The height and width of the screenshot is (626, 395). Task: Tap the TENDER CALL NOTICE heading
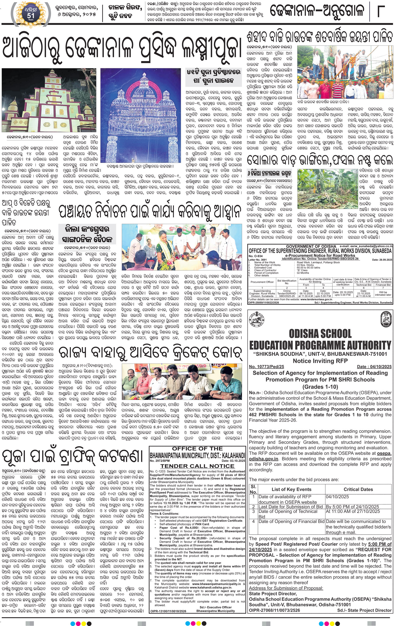coord(197,466)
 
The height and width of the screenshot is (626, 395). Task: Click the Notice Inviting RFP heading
coord(320,361)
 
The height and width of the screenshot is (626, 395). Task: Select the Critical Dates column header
coord(358,489)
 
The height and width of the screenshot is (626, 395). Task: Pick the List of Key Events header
coord(291,489)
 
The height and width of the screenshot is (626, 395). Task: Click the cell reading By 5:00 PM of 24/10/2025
coord(352,507)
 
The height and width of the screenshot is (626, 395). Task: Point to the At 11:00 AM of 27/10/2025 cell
coord(353,511)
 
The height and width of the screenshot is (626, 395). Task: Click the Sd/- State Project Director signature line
coord(364,610)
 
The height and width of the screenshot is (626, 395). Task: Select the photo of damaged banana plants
coord(327,189)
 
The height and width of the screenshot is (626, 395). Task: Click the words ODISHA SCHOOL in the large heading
coord(320,334)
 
